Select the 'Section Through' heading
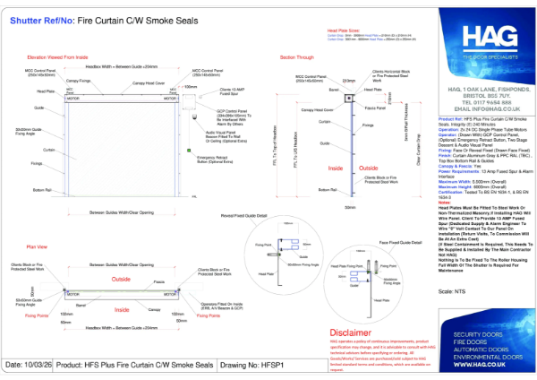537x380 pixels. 299,56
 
